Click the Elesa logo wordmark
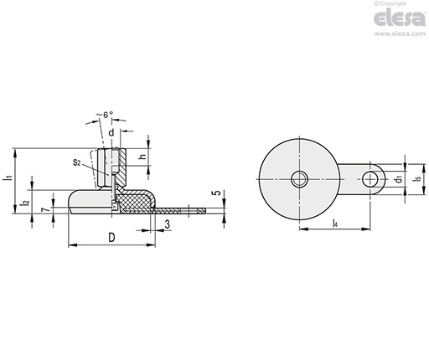point(400,18)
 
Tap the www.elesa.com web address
point(400,33)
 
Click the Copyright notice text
point(390,3)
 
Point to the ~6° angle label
point(105,115)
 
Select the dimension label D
point(111,238)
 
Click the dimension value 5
point(217,193)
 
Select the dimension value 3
point(167,224)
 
